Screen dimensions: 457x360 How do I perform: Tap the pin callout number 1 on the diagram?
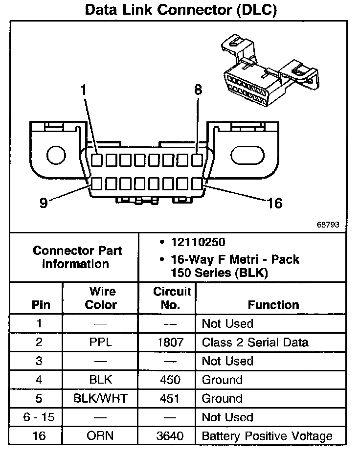84,90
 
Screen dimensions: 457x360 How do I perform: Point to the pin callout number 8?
198,90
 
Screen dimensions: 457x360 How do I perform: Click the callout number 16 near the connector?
274,203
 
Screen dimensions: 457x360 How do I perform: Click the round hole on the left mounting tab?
56,156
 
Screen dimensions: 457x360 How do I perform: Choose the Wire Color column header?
101,298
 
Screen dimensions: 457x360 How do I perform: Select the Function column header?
273,305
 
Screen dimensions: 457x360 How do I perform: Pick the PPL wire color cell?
101,342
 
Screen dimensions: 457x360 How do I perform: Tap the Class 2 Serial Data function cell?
255,342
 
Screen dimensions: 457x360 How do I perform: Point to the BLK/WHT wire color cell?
101,398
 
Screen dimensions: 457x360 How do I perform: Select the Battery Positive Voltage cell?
267,436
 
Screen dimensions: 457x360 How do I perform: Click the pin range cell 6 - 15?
41,417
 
